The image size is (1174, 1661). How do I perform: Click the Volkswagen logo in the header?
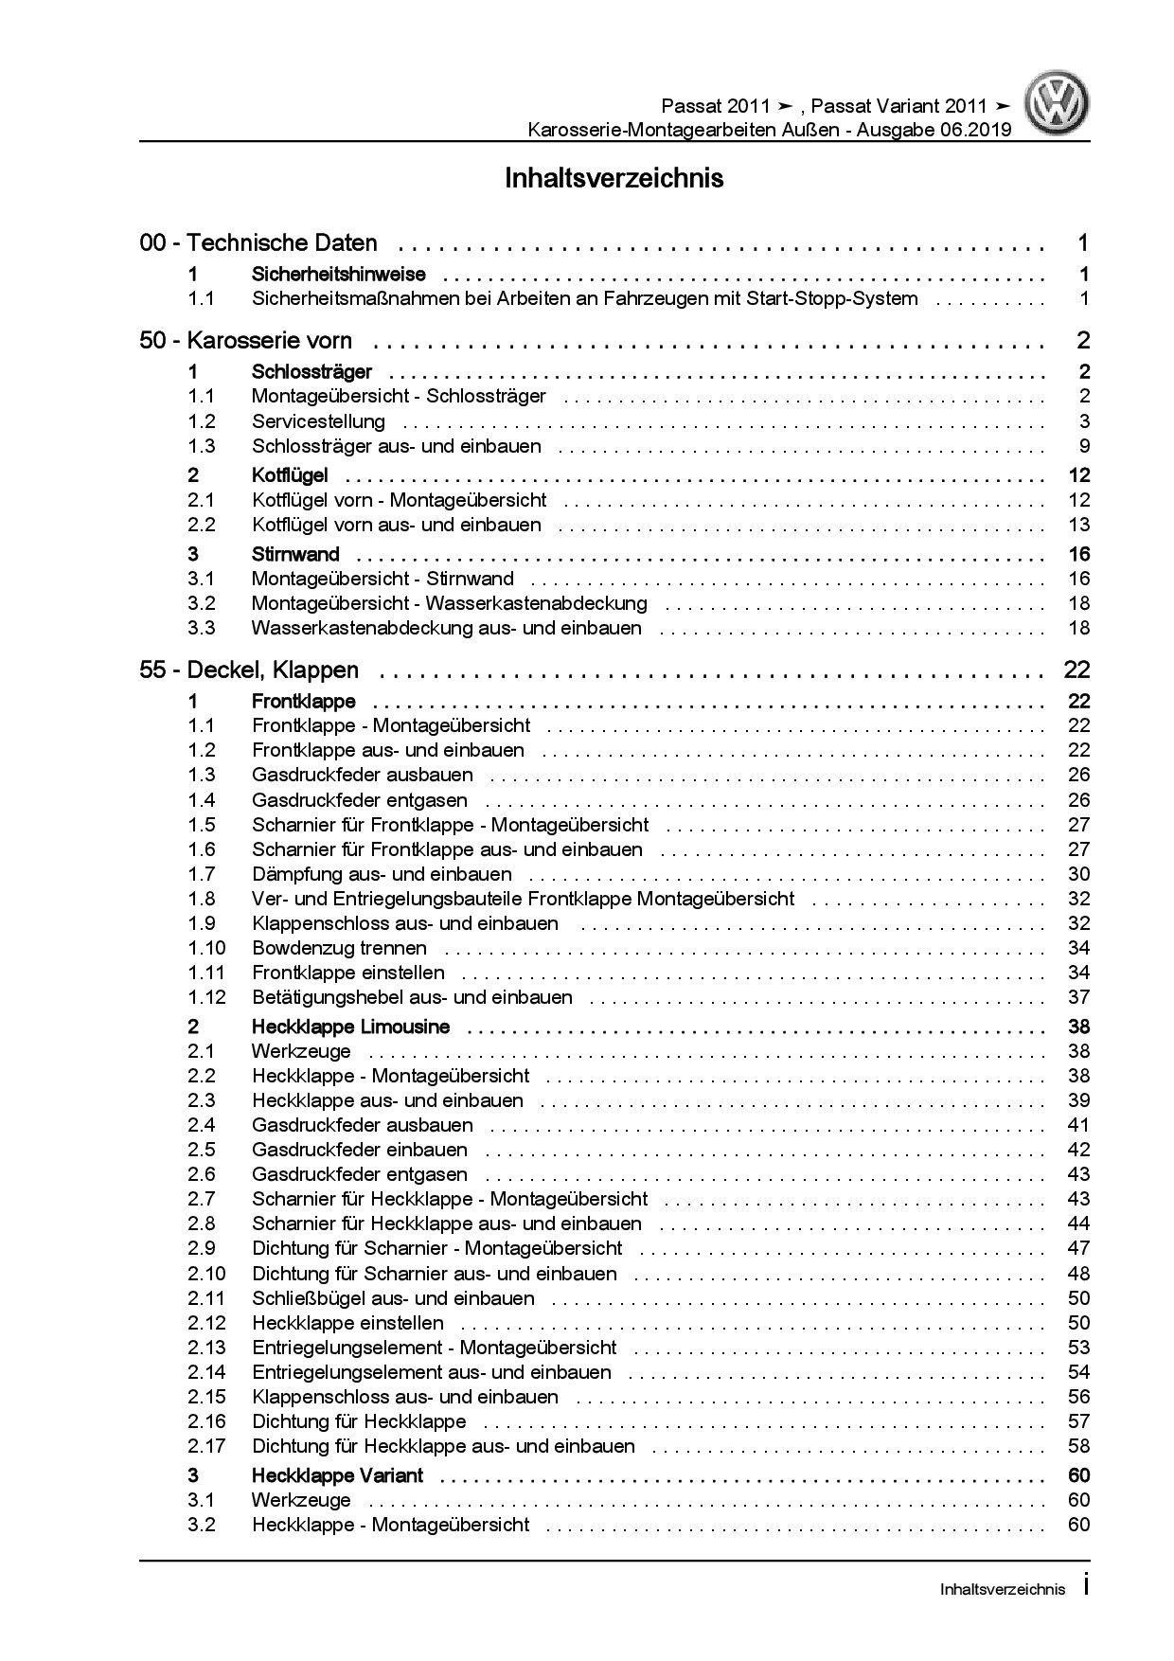coord(1059,104)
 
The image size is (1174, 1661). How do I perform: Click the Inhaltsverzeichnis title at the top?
coord(614,178)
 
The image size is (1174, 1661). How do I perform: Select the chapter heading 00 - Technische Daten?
coord(258,243)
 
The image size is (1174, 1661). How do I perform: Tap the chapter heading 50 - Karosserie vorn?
coord(245,341)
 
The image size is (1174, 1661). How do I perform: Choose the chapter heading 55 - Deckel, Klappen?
coord(249,670)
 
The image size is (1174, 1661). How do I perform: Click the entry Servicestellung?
coord(318,421)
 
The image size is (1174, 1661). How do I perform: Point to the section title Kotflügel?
coord(290,475)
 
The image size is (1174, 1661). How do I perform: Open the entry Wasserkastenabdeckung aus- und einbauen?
coord(446,628)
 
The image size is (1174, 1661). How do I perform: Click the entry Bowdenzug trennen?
coord(339,948)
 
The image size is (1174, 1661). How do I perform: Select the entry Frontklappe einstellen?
coord(347,973)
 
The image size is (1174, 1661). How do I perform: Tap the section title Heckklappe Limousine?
coord(350,1027)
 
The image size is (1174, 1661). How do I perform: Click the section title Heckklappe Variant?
coord(337,1475)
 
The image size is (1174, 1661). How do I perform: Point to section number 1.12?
coord(206,997)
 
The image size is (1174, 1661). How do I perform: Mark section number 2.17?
coord(206,1446)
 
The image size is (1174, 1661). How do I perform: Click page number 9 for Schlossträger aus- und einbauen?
coord(1085,446)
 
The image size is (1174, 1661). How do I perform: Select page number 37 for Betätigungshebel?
coord(1078,997)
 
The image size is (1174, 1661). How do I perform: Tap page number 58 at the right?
coord(1078,1446)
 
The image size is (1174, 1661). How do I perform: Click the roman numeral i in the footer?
coord(1086,1588)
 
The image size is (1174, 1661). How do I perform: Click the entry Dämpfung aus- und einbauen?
coord(382,874)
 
